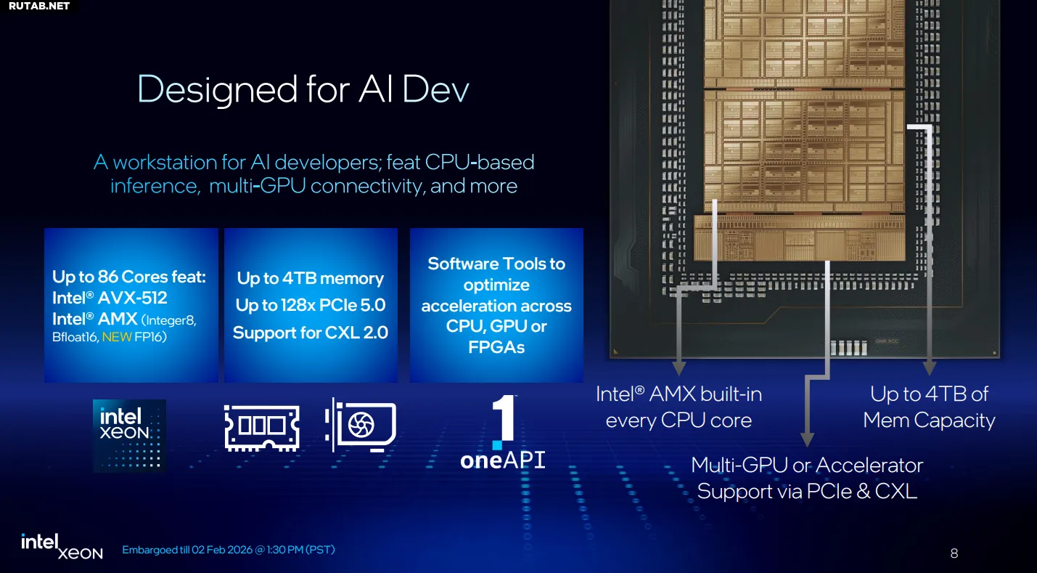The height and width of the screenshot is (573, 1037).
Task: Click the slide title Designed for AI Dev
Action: (x=303, y=90)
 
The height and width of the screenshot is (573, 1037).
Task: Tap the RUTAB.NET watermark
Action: (x=39, y=6)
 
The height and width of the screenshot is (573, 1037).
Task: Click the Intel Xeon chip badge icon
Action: (x=130, y=435)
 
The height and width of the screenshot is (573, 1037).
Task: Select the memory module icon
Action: (x=262, y=427)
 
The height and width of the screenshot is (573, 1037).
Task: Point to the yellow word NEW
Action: (x=116, y=337)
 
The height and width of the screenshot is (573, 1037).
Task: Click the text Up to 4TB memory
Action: (x=311, y=278)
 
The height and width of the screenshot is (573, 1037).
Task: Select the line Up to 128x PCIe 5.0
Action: (x=311, y=305)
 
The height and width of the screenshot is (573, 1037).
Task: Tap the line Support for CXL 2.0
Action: (x=311, y=333)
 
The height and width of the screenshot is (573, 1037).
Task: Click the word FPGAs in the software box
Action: (x=496, y=347)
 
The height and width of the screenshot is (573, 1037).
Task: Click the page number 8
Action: (x=954, y=553)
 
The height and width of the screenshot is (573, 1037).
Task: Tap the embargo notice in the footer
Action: (x=229, y=550)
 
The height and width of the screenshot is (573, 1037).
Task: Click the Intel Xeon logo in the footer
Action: (x=62, y=547)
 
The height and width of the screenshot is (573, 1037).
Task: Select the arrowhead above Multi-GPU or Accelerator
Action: (x=806, y=439)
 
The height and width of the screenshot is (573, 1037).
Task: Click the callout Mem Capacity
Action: (x=929, y=420)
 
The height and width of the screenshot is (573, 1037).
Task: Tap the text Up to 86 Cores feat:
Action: (x=129, y=277)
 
